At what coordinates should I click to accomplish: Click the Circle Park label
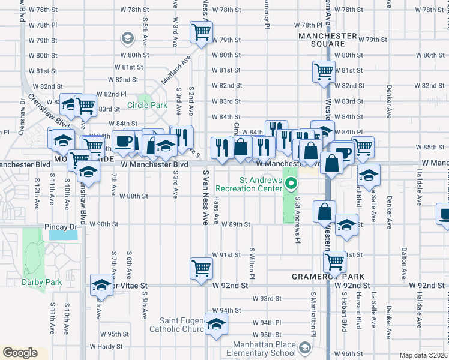(x=147, y=106)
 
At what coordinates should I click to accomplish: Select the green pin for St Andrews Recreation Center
(x=291, y=184)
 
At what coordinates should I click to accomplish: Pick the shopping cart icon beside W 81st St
(x=324, y=71)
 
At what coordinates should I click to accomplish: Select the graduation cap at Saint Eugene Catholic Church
(x=215, y=323)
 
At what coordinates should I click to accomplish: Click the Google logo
(x=20, y=353)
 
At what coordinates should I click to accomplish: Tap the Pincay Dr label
(x=61, y=227)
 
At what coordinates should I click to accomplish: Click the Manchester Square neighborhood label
(x=322, y=40)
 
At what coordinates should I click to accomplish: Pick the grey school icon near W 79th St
(x=127, y=39)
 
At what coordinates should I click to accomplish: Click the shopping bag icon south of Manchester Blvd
(x=324, y=212)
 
